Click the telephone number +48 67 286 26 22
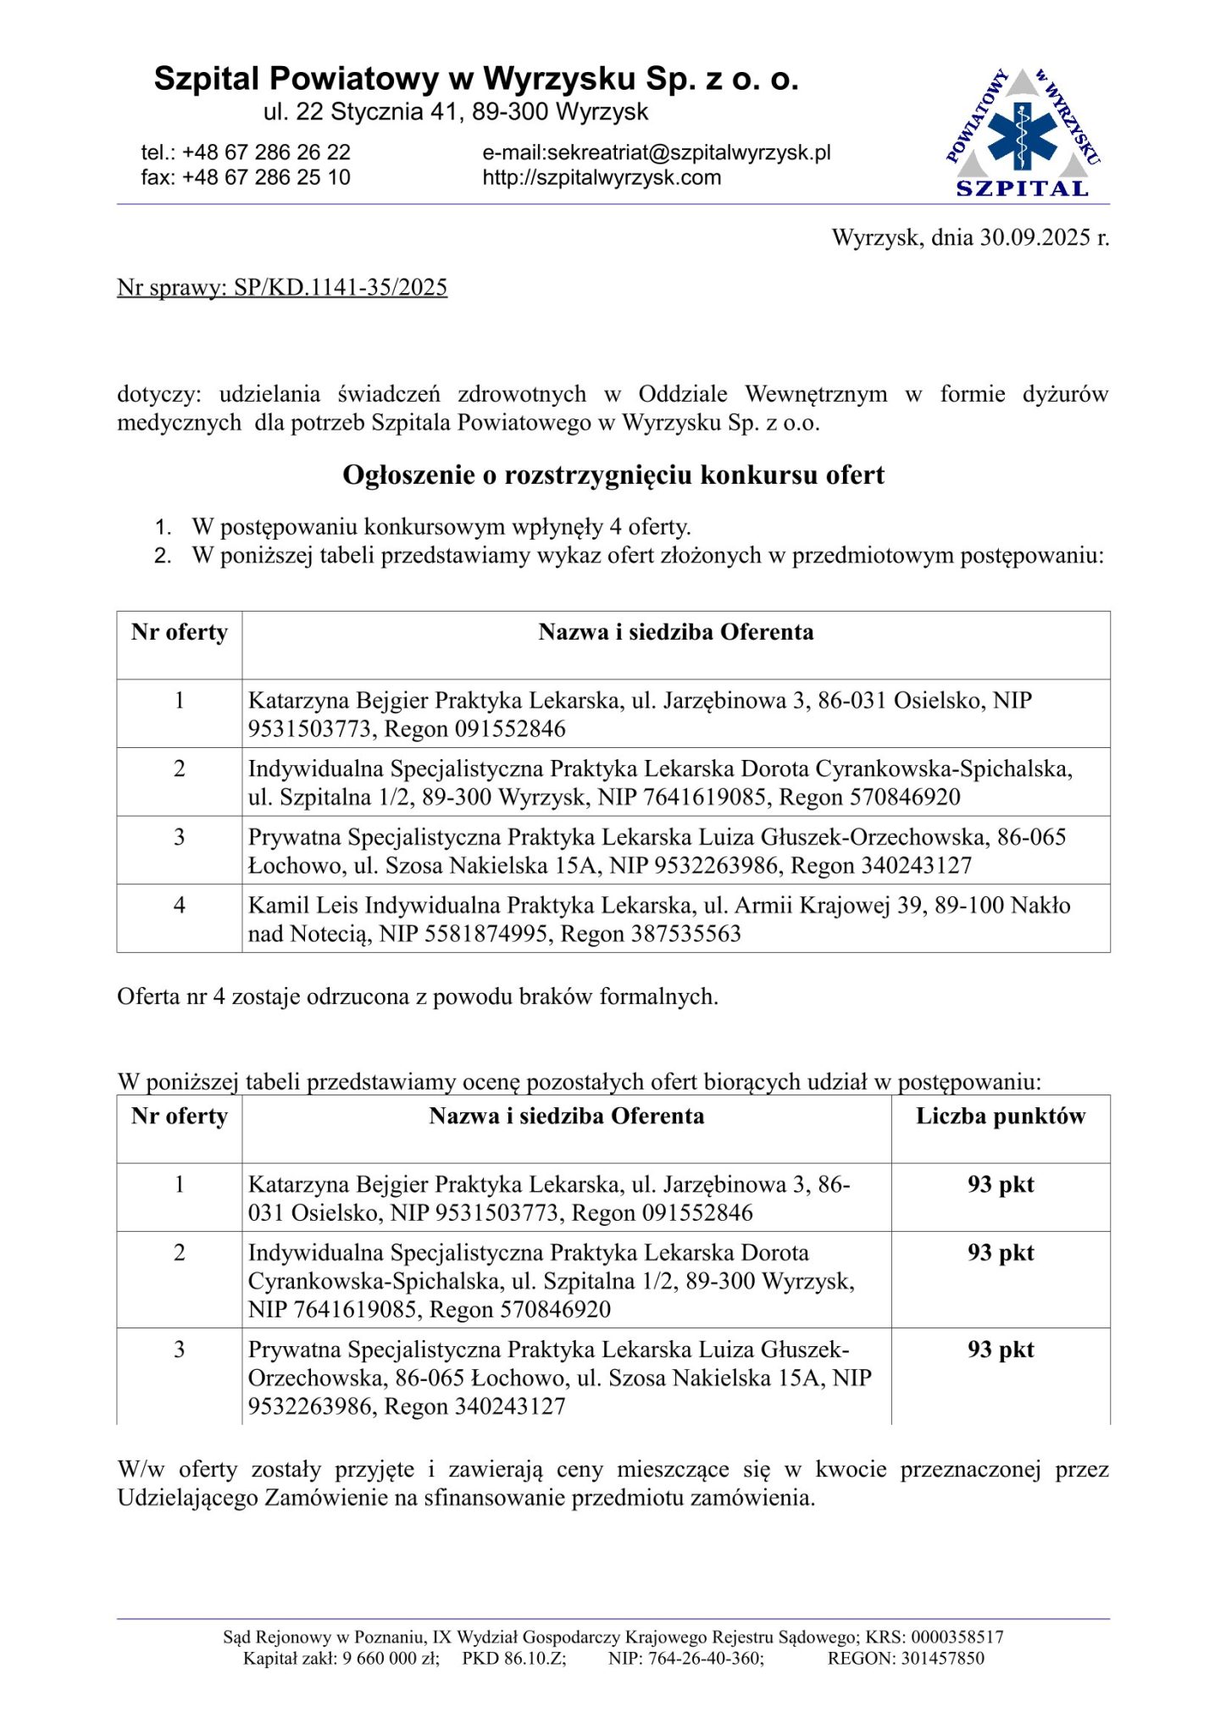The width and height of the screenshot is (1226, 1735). [x=266, y=152]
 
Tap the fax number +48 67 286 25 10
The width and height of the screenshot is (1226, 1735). [x=266, y=178]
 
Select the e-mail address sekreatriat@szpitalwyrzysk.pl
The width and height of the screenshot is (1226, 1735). [x=689, y=152]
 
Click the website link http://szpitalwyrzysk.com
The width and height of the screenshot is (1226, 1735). [x=602, y=178]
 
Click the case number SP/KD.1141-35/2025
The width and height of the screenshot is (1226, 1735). [x=341, y=288]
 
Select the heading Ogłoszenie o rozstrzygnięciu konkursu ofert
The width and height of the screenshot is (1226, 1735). [x=613, y=475]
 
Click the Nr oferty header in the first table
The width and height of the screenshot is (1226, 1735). [x=180, y=633]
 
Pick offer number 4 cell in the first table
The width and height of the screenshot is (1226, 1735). [x=180, y=906]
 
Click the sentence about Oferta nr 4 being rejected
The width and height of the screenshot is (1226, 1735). [x=418, y=997]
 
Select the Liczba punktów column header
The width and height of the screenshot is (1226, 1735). [x=1001, y=1117]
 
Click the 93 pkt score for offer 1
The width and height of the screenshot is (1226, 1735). [x=1001, y=1185]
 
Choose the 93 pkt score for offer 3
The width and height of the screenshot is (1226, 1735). [x=1001, y=1350]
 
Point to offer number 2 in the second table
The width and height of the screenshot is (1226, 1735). [x=180, y=1253]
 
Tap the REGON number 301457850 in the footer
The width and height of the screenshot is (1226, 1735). [x=942, y=1659]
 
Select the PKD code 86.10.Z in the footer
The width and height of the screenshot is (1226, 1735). [x=535, y=1659]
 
